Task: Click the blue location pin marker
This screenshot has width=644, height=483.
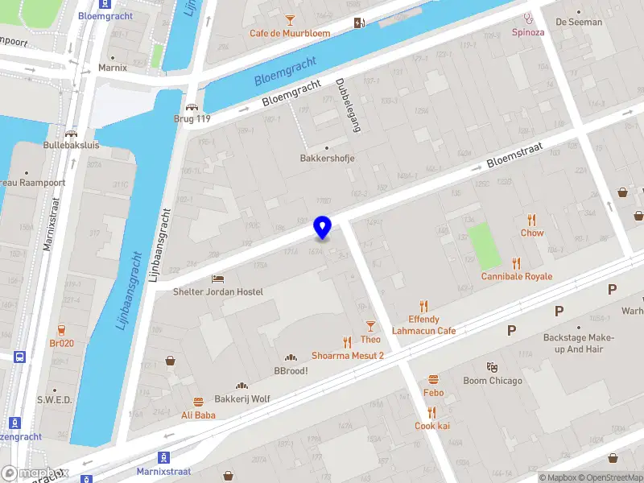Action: [x=322, y=228]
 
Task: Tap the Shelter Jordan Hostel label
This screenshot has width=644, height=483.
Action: [x=218, y=291]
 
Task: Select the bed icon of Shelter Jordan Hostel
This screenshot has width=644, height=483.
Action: [x=218, y=279]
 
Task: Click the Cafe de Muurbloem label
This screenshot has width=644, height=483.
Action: [x=290, y=33]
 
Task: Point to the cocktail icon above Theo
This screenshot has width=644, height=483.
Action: [x=370, y=326]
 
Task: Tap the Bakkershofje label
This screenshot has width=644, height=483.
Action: [x=327, y=159]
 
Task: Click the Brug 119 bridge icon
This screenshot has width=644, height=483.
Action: [x=192, y=107]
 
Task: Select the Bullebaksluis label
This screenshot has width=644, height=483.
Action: [x=72, y=146]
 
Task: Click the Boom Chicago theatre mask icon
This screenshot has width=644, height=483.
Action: [x=493, y=367]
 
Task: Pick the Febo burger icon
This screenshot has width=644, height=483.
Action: [x=434, y=379]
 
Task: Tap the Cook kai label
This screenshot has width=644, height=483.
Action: [x=432, y=426]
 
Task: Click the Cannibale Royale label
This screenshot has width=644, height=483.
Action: [x=517, y=276]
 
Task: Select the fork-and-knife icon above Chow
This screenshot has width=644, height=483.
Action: [x=532, y=220]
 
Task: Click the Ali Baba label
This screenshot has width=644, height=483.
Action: [x=198, y=415]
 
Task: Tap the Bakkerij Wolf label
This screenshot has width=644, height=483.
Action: [x=242, y=398]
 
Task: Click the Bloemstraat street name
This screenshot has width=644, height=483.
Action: [x=515, y=155]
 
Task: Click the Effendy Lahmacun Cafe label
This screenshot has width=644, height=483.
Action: [x=424, y=325]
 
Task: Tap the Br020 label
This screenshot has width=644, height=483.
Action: [x=62, y=342]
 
